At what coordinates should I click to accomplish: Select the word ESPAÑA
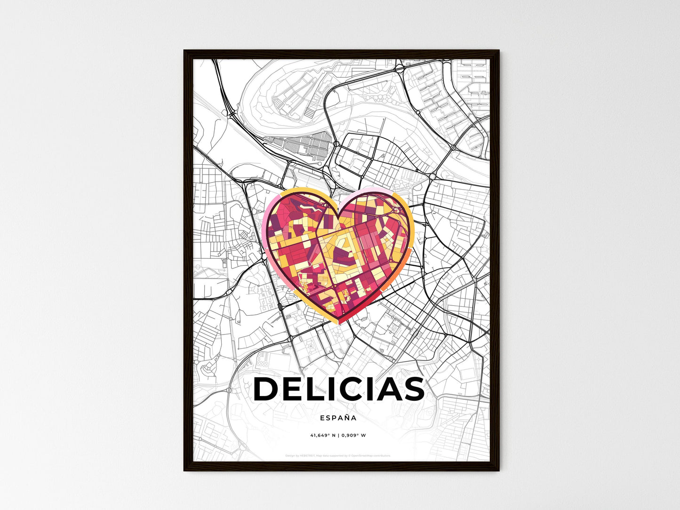pyautogui.click(x=338, y=417)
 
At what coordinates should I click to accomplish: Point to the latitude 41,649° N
pyautogui.click(x=323, y=435)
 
